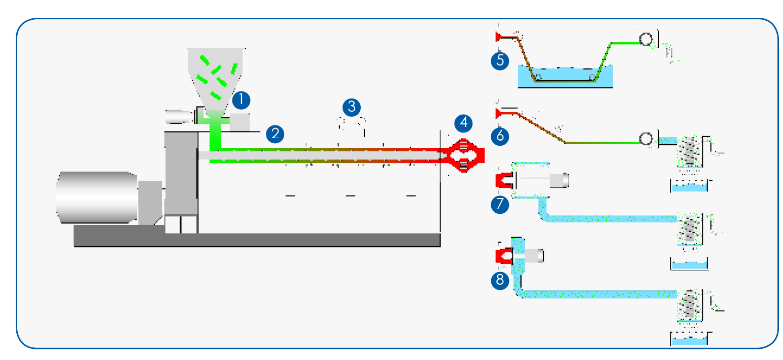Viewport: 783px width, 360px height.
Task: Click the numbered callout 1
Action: tap(241, 100)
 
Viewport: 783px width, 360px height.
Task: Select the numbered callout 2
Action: tap(275, 134)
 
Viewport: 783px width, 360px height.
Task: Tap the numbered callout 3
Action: tap(351, 107)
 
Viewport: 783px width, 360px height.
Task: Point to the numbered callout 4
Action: tap(463, 122)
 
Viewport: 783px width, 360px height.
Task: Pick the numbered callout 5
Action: tap(500, 61)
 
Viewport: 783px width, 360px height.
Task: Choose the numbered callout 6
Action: tap(500, 136)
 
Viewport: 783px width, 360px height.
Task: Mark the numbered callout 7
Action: tap(500, 204)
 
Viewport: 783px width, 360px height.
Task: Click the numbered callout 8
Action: tap(500, 279)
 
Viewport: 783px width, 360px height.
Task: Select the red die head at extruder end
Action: tap(464, 155)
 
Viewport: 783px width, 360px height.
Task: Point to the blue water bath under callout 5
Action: tap(565, 77)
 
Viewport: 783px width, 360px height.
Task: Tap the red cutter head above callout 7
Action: tap(503, 180)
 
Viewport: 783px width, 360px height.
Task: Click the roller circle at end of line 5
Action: tap(645, 39)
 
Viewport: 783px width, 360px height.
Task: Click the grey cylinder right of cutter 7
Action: tap(560, 179)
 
